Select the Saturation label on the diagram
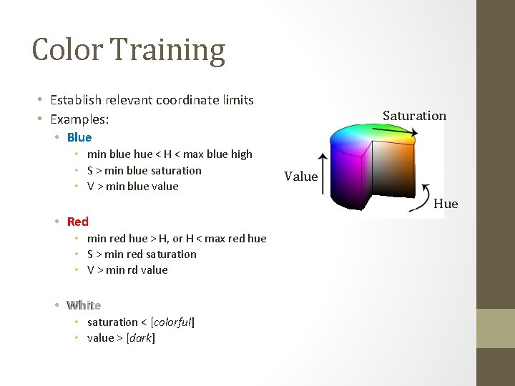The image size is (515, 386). click(x=414, y=115)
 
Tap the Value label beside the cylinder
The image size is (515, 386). click(x=300, y=176)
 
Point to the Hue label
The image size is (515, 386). click(x=446, y=204)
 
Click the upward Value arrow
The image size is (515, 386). click(x=323, y=174)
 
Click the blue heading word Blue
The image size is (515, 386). click(x=79, y=137)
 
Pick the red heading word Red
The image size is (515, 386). click(x=77, y=222)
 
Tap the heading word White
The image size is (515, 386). click(x=84, y=305)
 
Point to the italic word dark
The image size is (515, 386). click(x=140, y=338)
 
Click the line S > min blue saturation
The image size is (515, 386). click(x=144, y=170)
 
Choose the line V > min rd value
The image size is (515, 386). click(x=127, y=269)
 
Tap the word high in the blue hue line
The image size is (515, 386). click(x=241, y=154)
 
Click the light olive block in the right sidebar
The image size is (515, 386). click(x=496, y=328)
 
